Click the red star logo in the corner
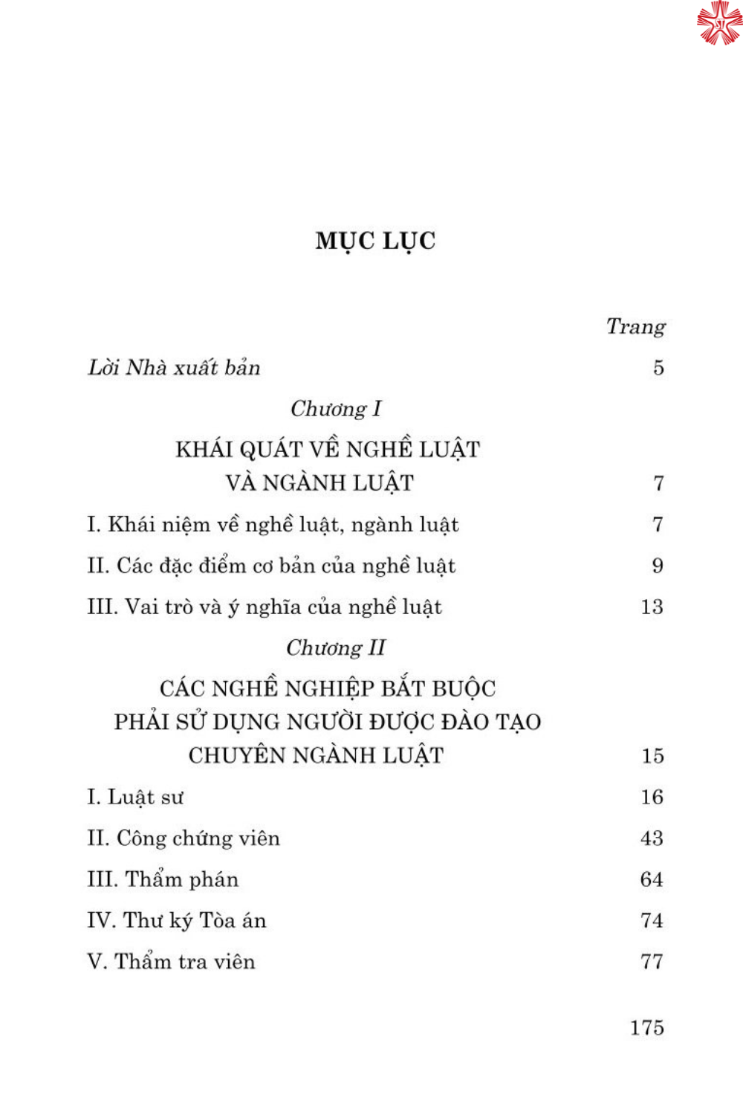pyautogui.click(x=718, y=22)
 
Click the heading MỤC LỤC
pyautogui.click(x=375, y=241)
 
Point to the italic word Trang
pyautogui.click(x=635, y=326)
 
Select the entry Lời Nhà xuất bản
pyautogui.click(x=174, y=368)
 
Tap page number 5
pyautogui.click(x=658, y=368)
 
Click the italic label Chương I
pyautogui.click(x=335, y=409)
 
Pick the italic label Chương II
pyautogui.click(x=336, y=648)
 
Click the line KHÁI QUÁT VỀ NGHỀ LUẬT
pyautogui.click(x=328, y=450)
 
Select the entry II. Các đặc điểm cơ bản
pyautogui.click(x=271, y=566)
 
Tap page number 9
pyautogui.click(x=658, y=566)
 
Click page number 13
pyautogui.click(x=652, y=607)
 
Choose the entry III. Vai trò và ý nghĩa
pyautogui.click(x=265, y=607)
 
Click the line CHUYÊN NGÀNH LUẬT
pyautogui.click(x=316, y=756)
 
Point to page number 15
pyautogui.click(x=652, y=757)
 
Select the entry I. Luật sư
pyautogui.click(x=135, y=798)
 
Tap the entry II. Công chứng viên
pyautogui.click(x=184, y=838)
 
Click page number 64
pyautogui.click(x=652, y=880)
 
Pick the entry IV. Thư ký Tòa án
pyautogui.click(x=177, y=921)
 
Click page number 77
pyautogui.click(x=652, y=962)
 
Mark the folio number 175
pyautogui.click(x=646, y=1028)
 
